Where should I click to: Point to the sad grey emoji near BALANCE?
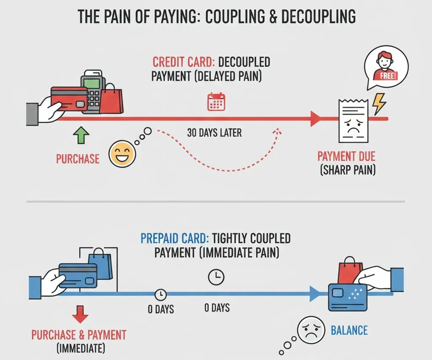310,331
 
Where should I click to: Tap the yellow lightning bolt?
379,103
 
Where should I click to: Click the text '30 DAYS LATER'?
214,133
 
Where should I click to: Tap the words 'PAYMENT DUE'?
346,157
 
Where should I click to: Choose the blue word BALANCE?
349,330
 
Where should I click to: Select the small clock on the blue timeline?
160,294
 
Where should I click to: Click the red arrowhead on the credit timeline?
315,119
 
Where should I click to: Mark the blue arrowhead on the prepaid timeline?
314,294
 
